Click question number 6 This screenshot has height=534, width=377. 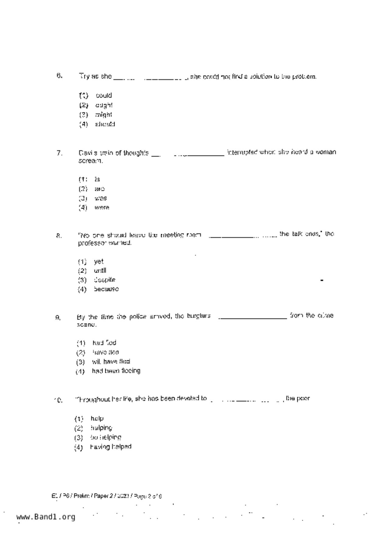click(59, 76)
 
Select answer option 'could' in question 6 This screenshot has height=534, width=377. click(103, 96)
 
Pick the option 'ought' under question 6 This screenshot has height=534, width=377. click(103, 105)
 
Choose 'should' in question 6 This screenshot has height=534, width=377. click(105, 124)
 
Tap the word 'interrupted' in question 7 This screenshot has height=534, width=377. click(242, 152)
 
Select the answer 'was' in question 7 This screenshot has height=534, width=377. click(100, 198)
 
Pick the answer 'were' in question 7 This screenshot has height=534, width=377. click(102, 208)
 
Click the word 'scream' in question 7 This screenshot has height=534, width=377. click(90, 161)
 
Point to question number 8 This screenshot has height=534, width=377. click(59, 236)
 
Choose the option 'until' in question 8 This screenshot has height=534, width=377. click(100, 271)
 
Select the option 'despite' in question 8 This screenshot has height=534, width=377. click(104, 280)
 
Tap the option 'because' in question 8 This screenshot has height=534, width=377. click(106, 289)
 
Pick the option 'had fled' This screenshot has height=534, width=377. click(104, 343)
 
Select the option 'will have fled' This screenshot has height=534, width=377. click(111, 362)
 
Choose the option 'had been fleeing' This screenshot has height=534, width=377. click(116, 371)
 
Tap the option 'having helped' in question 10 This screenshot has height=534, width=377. click(111, 447)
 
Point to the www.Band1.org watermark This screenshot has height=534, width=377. click(46, 517)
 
